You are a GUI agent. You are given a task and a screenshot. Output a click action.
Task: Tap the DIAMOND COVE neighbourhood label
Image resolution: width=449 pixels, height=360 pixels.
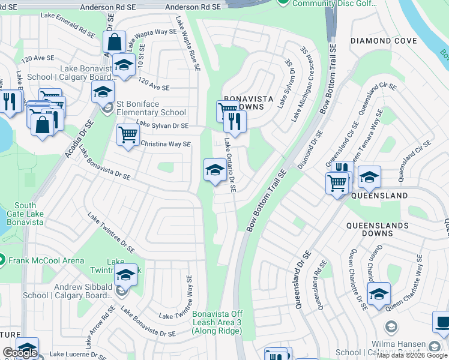(383, 41)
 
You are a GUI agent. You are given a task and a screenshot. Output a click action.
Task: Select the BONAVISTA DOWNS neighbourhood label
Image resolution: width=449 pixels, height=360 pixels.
(249, 102)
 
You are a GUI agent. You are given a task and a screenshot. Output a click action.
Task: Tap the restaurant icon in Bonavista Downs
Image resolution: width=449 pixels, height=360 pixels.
(235, 122)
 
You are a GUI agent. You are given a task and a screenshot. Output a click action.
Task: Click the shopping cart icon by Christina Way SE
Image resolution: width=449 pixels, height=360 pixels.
(128, 135)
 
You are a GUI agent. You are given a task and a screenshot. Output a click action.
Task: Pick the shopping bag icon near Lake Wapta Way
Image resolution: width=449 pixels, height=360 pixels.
(114, 43)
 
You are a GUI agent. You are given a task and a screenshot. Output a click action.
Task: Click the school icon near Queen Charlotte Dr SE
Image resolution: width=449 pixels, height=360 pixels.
(378, 294)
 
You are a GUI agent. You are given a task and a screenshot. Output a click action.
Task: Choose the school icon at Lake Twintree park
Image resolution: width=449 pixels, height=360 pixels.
(125, 275)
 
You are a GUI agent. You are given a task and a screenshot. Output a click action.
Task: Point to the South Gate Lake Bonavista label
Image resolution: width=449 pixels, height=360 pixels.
(25, 214)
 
